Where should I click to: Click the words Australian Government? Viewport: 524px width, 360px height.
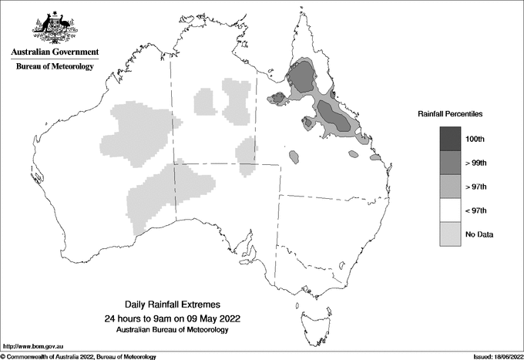[x=55, y=52]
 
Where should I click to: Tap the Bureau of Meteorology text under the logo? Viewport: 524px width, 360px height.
[x=55, y=67]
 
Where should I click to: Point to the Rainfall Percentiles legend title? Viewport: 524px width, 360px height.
[x=450, y=114]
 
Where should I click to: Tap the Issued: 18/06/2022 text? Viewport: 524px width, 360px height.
[x=495, y=356]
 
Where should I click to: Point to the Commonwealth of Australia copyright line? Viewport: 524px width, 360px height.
[x=79, y=356]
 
